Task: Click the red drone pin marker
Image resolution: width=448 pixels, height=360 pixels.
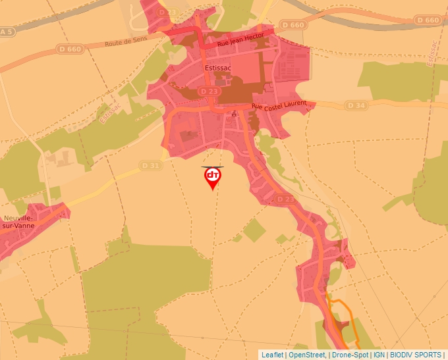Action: point(212,177)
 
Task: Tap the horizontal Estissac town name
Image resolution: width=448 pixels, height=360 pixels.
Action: point(217,67)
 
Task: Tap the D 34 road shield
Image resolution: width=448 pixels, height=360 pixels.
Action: point(356,105)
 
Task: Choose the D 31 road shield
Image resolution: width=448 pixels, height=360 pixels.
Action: point(150,165)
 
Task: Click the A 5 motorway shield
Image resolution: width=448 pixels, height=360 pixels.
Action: point(7,32)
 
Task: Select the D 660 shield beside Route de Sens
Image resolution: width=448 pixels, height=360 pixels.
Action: point(69,48)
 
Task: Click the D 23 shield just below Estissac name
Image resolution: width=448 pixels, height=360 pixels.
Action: point(209,91)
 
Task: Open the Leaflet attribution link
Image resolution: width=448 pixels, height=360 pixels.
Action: point(272,355)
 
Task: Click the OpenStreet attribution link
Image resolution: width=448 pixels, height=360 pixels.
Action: point(307,355)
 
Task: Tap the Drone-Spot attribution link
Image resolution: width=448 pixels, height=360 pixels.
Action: point(350,355)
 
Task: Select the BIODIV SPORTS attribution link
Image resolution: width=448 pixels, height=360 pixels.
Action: point(416,355)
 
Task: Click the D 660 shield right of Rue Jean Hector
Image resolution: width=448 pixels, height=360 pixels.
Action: point(293,24)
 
